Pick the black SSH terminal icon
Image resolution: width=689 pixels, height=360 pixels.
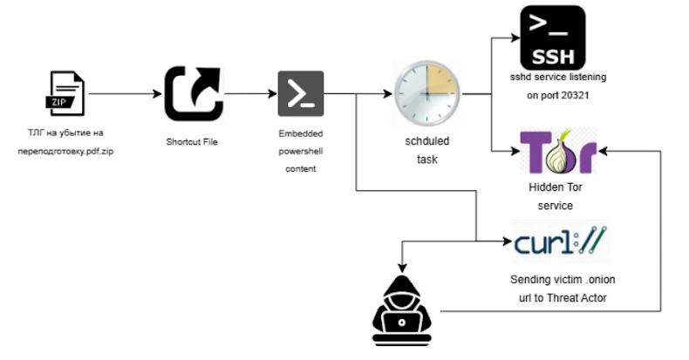coord(552,37)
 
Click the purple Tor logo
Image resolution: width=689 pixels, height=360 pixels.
coord(558,153)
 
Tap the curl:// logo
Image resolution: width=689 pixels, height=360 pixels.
coord(561,240)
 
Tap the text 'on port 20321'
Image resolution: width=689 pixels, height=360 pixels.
coord(558,95)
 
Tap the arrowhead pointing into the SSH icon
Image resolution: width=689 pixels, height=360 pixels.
coord(513,37)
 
